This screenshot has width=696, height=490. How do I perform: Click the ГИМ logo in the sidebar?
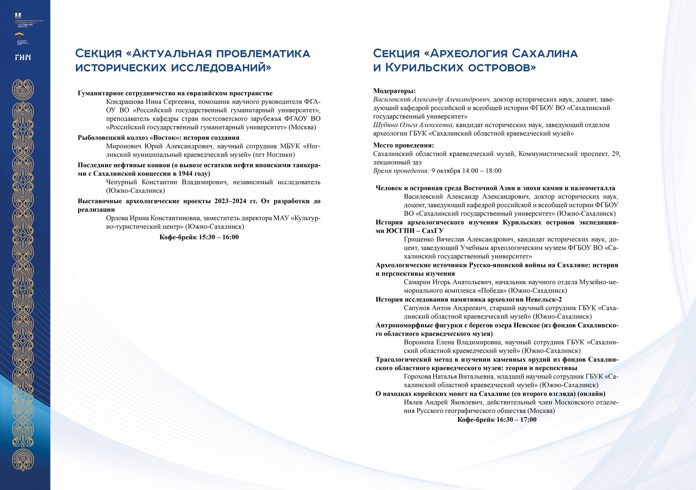[x=23, y=57]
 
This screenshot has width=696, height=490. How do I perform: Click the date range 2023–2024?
[x=230, y=201]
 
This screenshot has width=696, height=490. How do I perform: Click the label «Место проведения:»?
[x=403, y=145]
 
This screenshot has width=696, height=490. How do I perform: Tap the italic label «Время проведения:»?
[x=401, y=171]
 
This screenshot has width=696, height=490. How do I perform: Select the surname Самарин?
[x=417, y=282]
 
